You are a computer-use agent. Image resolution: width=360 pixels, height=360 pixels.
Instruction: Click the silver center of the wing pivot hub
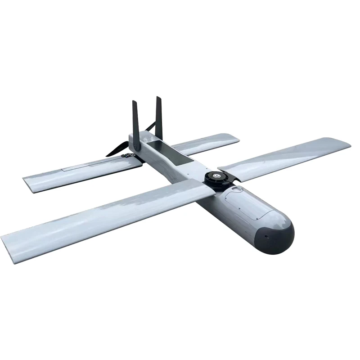pos(217,175)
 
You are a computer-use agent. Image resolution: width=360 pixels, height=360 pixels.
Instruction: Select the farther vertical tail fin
pos(159,115)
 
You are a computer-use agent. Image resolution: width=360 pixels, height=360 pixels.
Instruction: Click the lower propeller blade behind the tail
pos(116,149)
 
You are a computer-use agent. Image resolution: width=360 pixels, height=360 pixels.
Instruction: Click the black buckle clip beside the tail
pos(127,156)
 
